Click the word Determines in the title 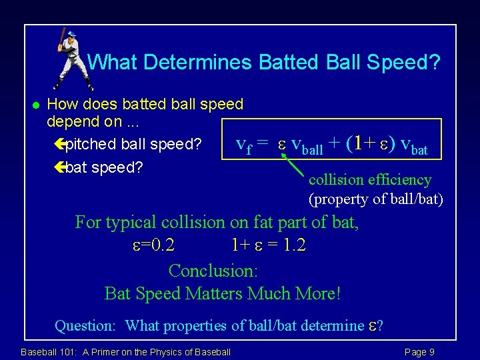pyautogui.click(x=197, y=63)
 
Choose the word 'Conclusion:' pyautogui.click(x=213, y=271)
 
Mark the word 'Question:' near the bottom pyautogui.click(x=85, y=325)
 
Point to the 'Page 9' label pyautogui.click(x=419, y=351)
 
